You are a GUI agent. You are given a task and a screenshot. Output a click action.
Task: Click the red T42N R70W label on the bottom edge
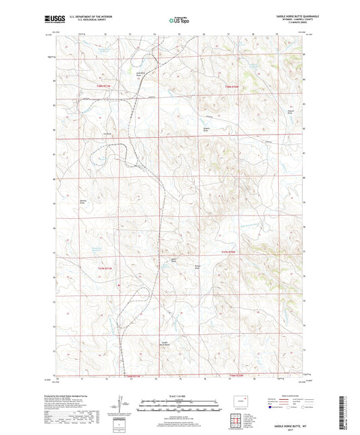point(236,376)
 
